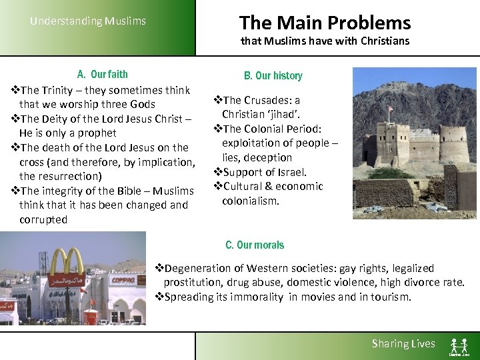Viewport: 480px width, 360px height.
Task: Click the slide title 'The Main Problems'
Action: click(x=325, y=23)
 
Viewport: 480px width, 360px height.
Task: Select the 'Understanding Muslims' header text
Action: click(x=87, y=21)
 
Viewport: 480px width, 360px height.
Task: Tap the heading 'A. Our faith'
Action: click(x=102, y=74)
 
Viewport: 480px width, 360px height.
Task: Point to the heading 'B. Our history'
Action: click(x=273, y=75)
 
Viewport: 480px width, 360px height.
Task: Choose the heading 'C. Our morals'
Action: click(x=254, y=245)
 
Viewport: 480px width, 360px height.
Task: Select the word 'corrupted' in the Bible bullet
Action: click(x=43, y=219)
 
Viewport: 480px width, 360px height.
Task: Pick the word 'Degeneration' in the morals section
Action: click(x=197, y=268)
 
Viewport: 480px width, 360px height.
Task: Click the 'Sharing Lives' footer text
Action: click(x=403, y=343)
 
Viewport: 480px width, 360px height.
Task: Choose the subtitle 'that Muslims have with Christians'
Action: click(x=325, y=41)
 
